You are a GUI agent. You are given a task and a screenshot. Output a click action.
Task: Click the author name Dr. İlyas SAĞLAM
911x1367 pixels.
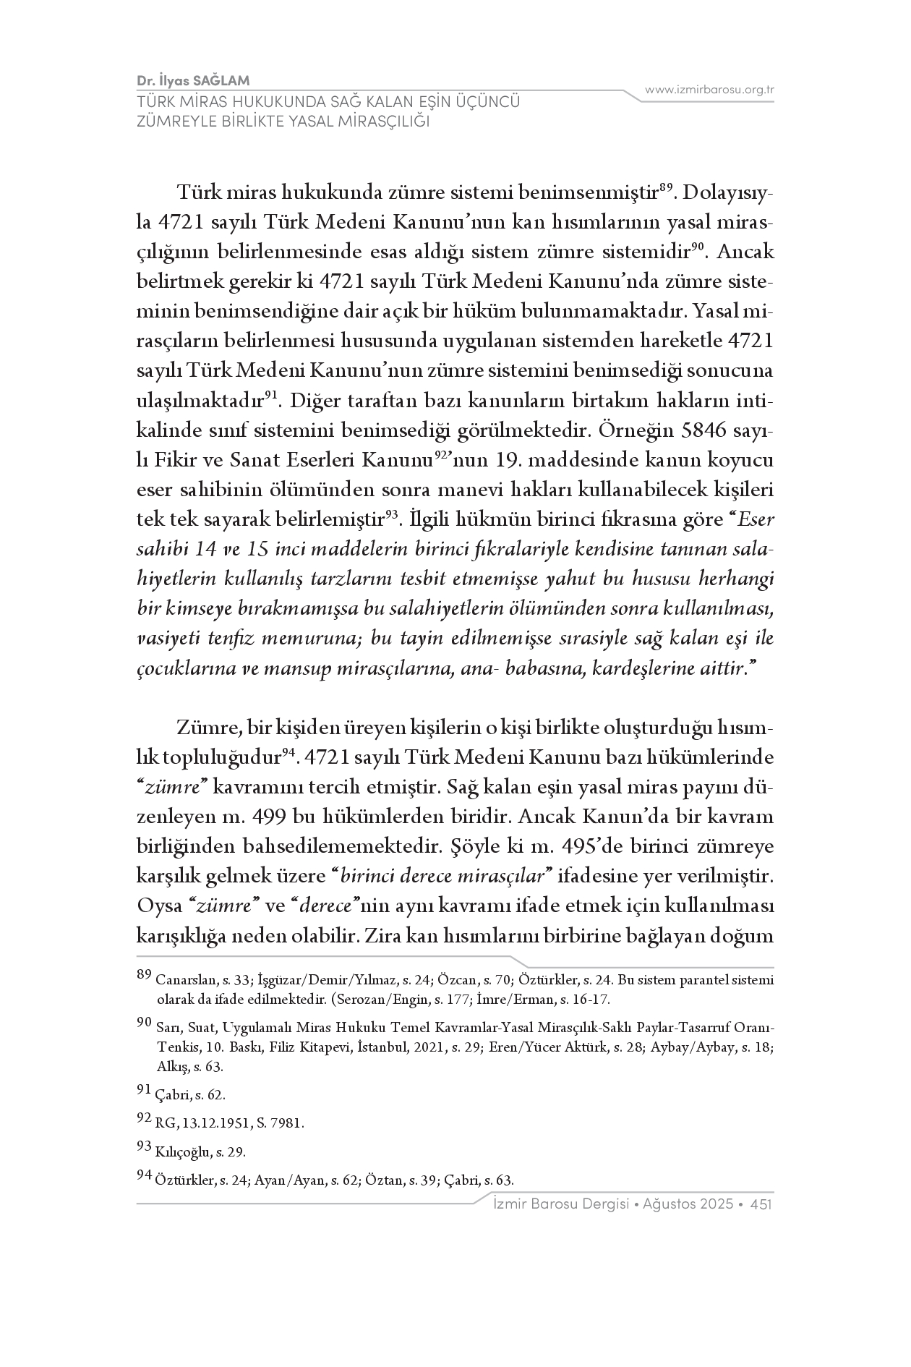pyautogui.click(x=193, y=80)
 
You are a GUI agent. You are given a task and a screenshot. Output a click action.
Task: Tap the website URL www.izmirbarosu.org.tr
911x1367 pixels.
pyautogui.click(x=709, y=90)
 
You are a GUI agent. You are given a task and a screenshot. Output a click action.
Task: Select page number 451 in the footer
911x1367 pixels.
pyautogui.click(x=763, y=1204)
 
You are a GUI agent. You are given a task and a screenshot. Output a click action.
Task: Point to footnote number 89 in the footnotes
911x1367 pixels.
pyautogui.click(x=144, y=976)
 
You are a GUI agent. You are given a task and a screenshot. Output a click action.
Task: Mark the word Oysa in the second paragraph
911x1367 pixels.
pyautogui.click(x=158, y=906)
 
